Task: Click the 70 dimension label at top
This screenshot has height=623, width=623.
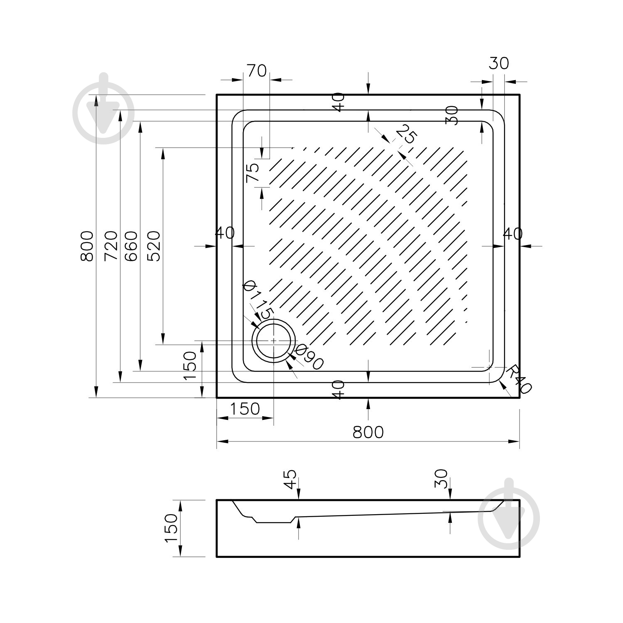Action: (x=256, y=71)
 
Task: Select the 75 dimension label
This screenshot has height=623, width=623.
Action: (x=253, y=173)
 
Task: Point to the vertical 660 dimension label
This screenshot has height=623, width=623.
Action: (x=131, y=246)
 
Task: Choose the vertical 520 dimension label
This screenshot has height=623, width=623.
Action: (x=154, y=246)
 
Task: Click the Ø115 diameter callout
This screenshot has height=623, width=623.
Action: (x=258, y=300)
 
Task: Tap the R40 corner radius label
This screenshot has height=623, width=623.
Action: (x=519, y=379)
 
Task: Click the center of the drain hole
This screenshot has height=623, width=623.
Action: (x=274, y=340)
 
